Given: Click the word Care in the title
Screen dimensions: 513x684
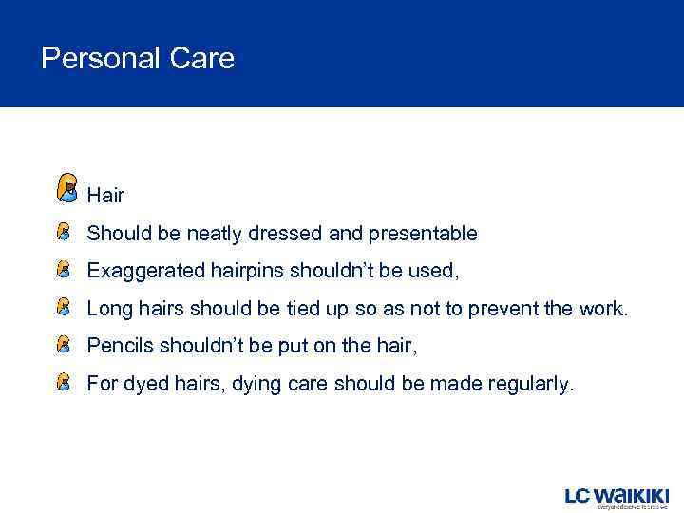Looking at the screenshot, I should pos(202,59).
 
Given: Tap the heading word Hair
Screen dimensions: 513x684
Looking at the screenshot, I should pos(105,196).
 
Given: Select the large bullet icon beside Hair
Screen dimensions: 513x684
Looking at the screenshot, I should pos(67,187).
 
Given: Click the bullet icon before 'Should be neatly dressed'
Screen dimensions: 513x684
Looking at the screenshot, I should pos(64,233).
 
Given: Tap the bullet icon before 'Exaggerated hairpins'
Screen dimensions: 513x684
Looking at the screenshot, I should pos(64,271).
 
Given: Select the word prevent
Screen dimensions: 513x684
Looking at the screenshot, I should pos(509,309).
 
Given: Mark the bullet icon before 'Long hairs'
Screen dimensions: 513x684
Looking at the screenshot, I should pos(64,308).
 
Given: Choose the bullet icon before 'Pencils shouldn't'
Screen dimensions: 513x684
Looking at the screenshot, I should pos(64,346).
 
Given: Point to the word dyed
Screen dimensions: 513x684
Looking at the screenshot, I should pos(140,385).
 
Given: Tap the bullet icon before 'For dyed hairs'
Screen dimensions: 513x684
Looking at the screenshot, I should pos(64,384).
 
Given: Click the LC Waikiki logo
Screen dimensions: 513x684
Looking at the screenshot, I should pos(617,496).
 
